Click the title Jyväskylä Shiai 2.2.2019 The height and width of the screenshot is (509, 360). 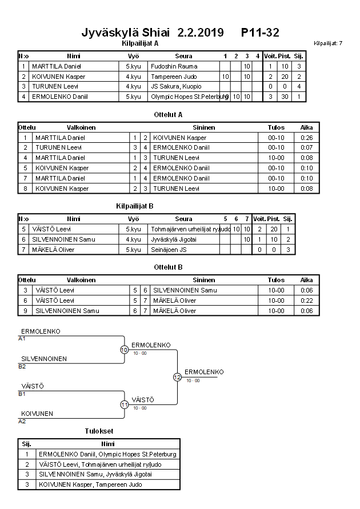153,32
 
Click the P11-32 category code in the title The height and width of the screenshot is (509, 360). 260,32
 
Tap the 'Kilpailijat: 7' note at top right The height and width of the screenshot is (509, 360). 328,43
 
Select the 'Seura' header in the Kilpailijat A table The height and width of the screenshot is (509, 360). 183,56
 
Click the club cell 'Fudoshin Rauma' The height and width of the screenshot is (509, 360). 174,66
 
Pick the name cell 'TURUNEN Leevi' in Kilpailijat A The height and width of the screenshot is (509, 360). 54,86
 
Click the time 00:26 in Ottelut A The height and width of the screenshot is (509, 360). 306,138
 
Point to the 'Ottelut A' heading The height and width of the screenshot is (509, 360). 169,115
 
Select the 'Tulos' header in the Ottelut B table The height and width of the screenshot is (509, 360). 276,280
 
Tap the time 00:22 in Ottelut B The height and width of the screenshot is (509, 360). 306,300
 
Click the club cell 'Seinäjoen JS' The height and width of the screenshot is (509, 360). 166,250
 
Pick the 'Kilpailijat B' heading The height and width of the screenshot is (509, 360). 135,206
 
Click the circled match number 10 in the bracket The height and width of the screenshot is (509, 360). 124,350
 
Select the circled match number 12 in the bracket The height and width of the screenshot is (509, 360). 177,377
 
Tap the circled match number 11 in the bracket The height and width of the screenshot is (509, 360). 124,404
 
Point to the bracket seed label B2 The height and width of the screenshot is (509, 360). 22,366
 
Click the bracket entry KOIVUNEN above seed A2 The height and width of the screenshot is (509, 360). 37,414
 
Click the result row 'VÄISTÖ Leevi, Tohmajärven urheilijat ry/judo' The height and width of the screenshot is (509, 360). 100,464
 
